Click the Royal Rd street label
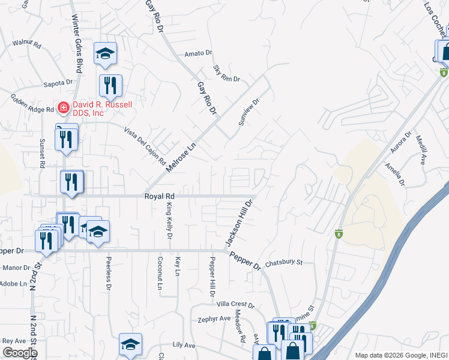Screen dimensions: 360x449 tap(159, 196)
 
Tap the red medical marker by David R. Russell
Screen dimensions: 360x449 tap(62, 108)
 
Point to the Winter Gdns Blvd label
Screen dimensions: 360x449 tap(77, 35)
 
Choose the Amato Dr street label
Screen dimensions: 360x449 tap(199, 53)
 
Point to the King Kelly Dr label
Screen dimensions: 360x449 tap(169, 222)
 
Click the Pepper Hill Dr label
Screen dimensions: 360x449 tap(212, 277)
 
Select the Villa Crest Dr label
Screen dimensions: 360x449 tap(235, 305)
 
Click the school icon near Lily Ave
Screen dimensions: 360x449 tap(130, 344)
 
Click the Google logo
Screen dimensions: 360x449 tap(19, 353)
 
